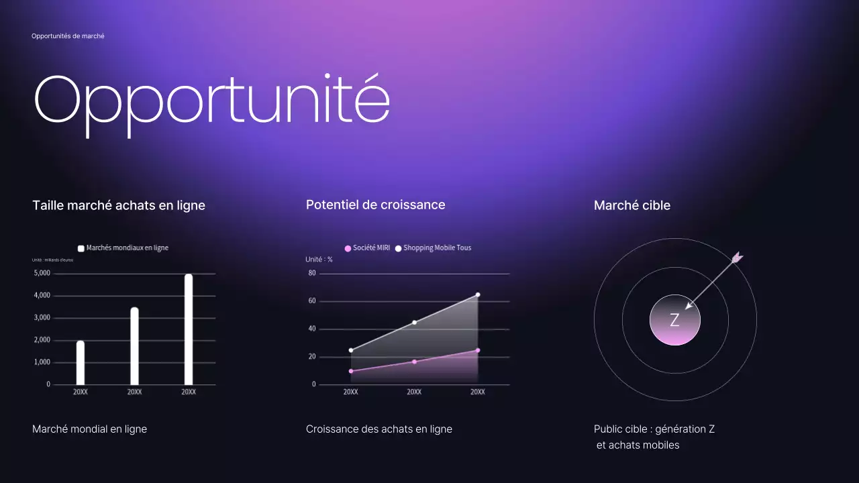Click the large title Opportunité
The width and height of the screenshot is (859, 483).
pyautogui.click(x=211, y=99)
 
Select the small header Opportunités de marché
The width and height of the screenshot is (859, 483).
pyautogui.click(x=68, y=36)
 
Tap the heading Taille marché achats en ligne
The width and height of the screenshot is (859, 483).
pyautogui.click(x=119, y=205)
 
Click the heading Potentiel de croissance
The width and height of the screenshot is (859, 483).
pyautogui.click(x=375, y=205)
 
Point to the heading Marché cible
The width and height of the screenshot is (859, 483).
pyautogui.click(x=631, y=205)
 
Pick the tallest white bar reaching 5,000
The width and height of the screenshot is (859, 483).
pyautogui.click(x=189, y=329)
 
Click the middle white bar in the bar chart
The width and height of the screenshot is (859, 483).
pyautogui.click(x=134, y=345)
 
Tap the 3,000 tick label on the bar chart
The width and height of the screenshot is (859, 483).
pyautogui.click(x=42, y=317)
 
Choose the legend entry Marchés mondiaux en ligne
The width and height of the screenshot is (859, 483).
pyautogui.click(x=123, y=248)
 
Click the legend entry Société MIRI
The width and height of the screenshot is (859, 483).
pyautogui.click(x=367, y=248)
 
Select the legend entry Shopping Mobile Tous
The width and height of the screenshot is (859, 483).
pyautogui.click(x=433, y=248)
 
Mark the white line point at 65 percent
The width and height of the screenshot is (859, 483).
pyautogui.click(x=478, y=294)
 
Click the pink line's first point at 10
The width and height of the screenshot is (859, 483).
pyautogui.click(x=351, y=371)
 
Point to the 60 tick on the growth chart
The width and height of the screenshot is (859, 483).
pyautogui.click(x=312, y=301)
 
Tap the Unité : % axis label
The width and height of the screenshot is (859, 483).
pyautogui.click(x=319, y=260)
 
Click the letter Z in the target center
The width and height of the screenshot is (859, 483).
pyautogui.click(x=674, y=321)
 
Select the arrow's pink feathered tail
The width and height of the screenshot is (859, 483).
pyautogui.click(x=737, y=257)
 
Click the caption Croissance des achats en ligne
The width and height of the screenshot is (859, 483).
pyautogui.click(x=378, y=429)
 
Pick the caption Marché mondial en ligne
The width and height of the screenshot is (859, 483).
pyautogui.click(x=89, y=429)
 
